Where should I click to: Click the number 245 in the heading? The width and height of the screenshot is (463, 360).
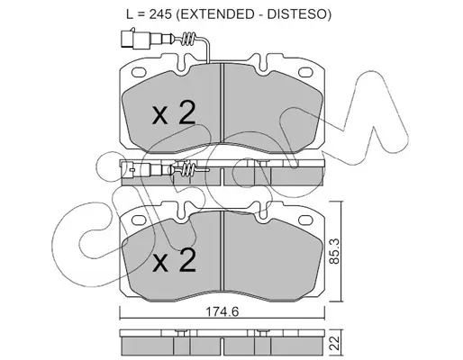pos(160,13)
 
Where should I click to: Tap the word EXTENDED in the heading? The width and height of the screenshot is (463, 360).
pos(216,13)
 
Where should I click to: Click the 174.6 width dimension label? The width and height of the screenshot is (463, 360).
pos(222,312)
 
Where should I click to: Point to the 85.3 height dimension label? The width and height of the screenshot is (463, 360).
pos(334,251)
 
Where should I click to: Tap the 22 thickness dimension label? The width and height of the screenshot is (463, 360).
pos(335,343)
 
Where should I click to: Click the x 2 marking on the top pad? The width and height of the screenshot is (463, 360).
pos(174,112)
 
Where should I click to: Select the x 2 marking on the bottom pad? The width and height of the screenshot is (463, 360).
pos(174,260)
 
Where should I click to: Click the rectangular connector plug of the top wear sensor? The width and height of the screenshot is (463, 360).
pos(127,39)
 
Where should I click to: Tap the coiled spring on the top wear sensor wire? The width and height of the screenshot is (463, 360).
pos(189,39)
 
